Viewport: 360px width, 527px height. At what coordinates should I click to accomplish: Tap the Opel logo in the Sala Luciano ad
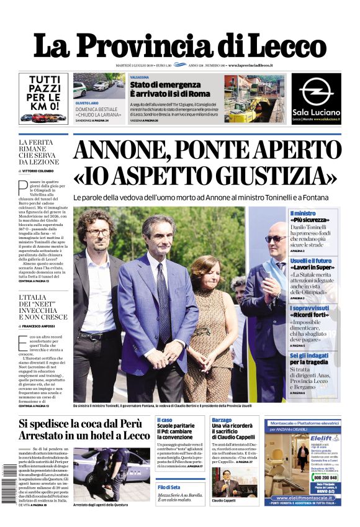point(316,91)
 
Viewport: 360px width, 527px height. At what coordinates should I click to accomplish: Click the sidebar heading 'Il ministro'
point(303,214)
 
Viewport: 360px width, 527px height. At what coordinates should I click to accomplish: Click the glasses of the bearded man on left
point(99,233)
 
